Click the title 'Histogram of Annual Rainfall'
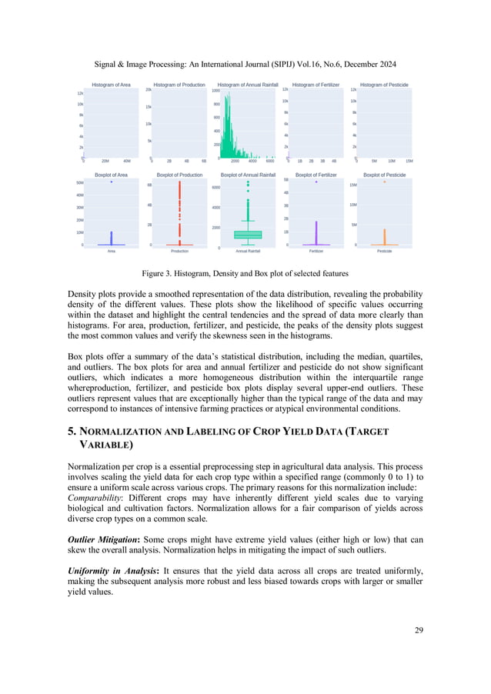(247, 85)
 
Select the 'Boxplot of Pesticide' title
(384, 175)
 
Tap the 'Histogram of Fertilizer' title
(315, 85)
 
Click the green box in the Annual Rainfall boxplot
(248, 234)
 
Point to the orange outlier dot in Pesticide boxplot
(384, 182)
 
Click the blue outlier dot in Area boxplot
(112, 182)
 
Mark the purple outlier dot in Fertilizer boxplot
(316, 182)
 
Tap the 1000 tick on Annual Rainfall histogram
(215, 91)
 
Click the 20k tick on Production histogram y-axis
(148, 91)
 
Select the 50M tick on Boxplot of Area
(80, 183)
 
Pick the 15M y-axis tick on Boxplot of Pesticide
(352, 185)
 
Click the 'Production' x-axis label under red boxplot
(179, 251)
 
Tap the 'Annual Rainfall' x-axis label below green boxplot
(248, 251)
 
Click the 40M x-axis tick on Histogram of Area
(127, 162)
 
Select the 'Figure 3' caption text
(245, 273)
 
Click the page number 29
(418, 631)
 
